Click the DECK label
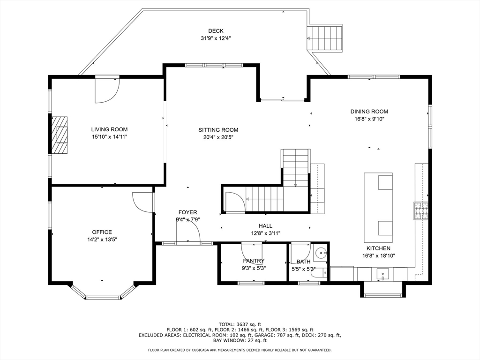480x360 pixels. (216, 31)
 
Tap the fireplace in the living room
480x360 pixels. (59, 135)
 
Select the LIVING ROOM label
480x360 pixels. (109, 129)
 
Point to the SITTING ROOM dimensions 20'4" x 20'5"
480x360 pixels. (218, 137)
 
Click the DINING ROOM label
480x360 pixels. (369, 112)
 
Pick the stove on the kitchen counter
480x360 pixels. (420, 211)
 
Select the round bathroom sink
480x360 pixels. (322, 253)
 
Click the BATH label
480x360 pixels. (303, 262)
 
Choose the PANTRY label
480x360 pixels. (254, 261)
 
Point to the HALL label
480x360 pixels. (265, 226)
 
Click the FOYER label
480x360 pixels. (187, 212)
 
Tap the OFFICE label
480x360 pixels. (102, 232)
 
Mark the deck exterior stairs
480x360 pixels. (325, 38)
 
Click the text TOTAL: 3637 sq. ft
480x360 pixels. (240, 324)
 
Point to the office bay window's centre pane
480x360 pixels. (103, 297)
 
